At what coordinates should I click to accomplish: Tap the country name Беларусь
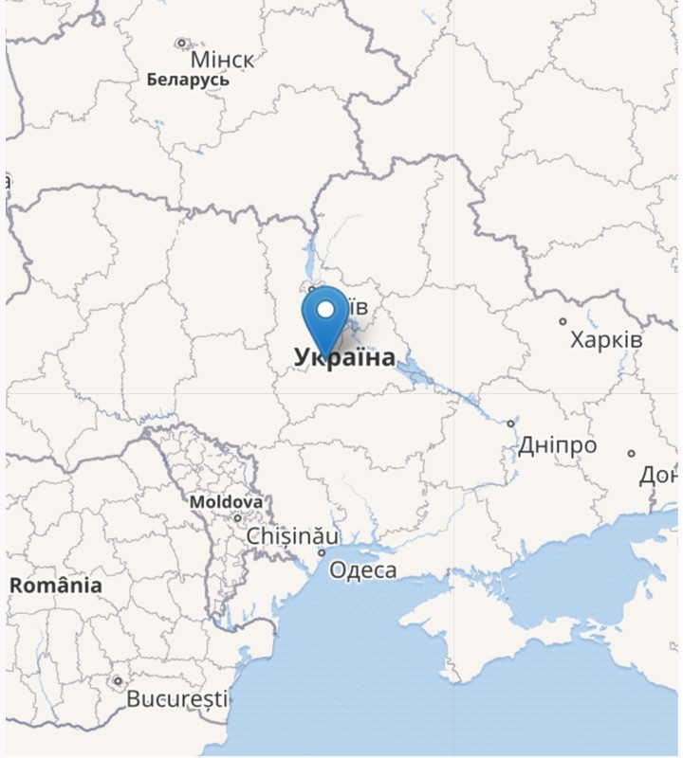point(188,81)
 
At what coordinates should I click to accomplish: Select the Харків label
point(606,339)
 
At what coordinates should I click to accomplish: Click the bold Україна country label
point(344,357)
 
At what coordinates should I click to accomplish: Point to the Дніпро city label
point(557,445)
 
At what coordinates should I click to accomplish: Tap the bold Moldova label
point(226,501)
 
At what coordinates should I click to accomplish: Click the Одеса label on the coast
point(362,570)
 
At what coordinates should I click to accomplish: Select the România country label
point(56,586)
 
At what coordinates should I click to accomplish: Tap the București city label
point(177,700)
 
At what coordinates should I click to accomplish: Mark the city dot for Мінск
point(181,43)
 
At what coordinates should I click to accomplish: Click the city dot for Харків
point(563,321)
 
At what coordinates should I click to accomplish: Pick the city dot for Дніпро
point(510,424)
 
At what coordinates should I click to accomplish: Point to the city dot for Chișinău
point(237,518)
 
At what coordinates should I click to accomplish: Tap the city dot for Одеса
point(322,552)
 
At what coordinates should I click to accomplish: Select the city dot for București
point(118,680)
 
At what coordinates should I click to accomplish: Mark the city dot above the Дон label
point(632,454)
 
